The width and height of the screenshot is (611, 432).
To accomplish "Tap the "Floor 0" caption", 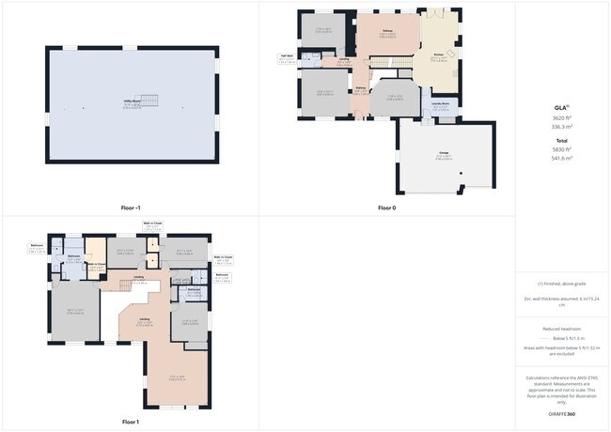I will [x=387, y=208].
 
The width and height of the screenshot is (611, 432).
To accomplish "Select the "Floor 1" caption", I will [x=131, y=422].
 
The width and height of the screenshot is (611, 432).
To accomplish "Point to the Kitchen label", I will [x=438, y=54].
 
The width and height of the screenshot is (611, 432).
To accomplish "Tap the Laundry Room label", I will [x=439, y=104].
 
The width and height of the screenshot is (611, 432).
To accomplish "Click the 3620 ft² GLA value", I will [x=562, y=117].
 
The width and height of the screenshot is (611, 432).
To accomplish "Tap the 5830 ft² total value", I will [x=562, y=149].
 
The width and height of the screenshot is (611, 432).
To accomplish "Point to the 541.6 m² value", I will [x=562, y=159].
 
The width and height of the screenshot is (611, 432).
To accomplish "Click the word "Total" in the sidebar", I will [x=562, y=140].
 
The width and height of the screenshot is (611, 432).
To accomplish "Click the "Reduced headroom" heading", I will [x=562, y=329].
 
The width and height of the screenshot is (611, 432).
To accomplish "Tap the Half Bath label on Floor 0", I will [x=286, y=56].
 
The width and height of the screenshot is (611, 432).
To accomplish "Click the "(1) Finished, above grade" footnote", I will [x=562, y=283].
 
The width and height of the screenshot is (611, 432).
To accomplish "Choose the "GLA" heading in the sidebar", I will [x=561, y=108].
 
